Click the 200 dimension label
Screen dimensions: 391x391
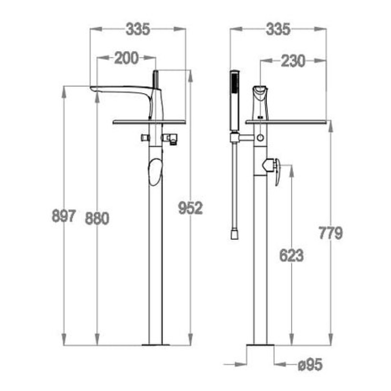127,58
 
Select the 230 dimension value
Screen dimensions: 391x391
293,61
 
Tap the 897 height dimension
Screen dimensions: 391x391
64,216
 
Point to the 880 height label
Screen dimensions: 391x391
97,218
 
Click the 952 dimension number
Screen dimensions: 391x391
191,208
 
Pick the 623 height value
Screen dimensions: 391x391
291,255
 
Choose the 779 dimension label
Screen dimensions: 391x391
331,233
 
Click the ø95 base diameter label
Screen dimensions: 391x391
310,365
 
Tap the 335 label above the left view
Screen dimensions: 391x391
138,29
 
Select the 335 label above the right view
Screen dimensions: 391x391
278,29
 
